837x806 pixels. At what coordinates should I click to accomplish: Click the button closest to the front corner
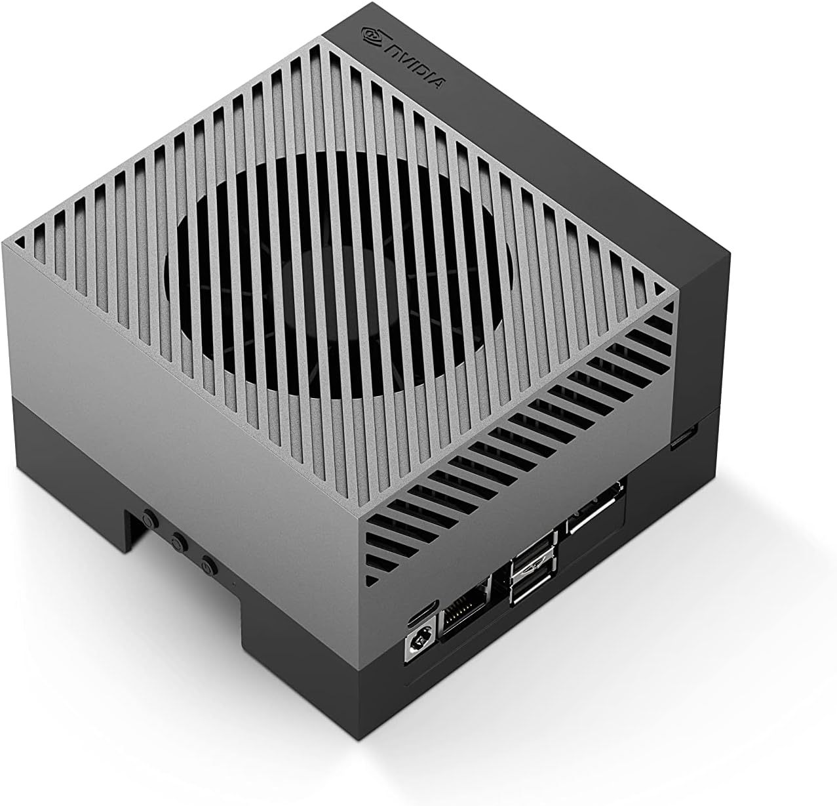click(x=208, y=563)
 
